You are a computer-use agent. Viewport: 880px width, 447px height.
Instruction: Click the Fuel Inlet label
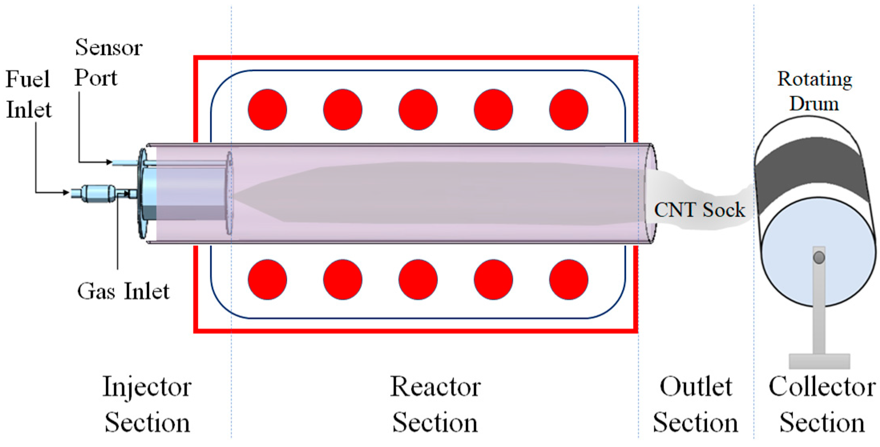click(x=29, y=94)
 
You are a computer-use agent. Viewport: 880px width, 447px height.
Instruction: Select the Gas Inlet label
click(x=123, y=291)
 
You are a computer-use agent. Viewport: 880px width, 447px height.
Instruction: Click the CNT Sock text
click(x=699, y=210)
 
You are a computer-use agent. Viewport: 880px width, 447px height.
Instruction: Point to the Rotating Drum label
click(x=814, y=91)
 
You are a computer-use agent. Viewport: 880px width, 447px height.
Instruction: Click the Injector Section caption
click(x=147, y=404)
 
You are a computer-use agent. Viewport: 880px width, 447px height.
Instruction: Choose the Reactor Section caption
click(x=435, y=404)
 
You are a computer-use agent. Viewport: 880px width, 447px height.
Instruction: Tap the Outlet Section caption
click(x=695, y=404)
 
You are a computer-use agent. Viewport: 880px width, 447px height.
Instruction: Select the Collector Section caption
click(x=822, y=404)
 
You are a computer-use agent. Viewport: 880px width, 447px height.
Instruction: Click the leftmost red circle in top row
click(x=267, y=110)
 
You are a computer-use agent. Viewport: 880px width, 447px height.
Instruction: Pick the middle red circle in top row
click(x=418, y=110)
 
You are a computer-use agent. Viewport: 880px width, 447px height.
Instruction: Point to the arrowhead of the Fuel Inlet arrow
click(x=66, y=193)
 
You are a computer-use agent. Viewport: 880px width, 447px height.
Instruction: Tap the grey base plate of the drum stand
click(x=819, y=361)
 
